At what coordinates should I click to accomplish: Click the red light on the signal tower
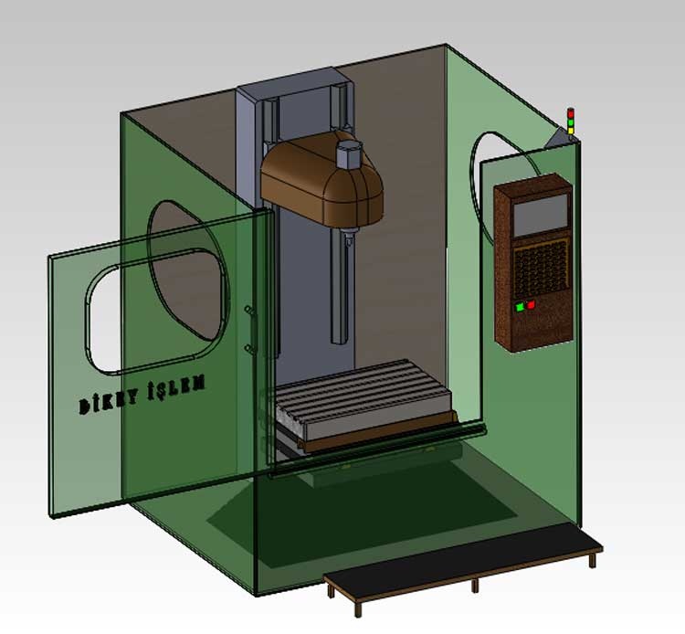click(x=571, y=113)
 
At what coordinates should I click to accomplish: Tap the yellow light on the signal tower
click(x=571, y=131)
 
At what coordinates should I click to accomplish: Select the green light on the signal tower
click(x=571, y=122)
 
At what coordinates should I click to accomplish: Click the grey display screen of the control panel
click(x=541, y=215)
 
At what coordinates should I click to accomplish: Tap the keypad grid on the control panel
click(x=542, y=268)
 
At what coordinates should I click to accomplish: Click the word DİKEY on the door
click(x=108, y=402)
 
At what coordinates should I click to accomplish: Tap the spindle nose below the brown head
click(x=349, y=238)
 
